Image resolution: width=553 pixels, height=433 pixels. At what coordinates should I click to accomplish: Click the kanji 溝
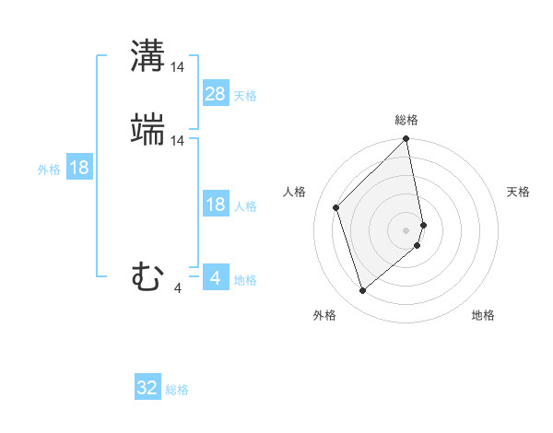point(147,56)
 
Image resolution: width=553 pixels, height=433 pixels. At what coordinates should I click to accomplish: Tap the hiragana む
point(147,276)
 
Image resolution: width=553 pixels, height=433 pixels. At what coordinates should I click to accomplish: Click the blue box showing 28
point(216,93)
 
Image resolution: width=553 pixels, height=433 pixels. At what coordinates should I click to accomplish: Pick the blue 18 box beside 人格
point(216,205)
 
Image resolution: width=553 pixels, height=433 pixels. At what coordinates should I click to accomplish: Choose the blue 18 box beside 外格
point(79,168)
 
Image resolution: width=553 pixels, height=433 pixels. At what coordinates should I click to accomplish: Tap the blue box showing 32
point(147,388)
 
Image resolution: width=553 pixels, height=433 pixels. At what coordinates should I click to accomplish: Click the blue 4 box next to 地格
point(216,277)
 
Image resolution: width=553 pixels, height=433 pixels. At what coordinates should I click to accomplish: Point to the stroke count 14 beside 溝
point(178,66)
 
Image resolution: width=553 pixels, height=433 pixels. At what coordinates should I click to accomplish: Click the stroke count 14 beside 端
point(178,140)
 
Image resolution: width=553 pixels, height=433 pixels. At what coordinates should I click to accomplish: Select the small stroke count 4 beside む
point(178,288)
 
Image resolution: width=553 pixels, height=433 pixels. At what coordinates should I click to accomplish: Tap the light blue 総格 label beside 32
point(177,390)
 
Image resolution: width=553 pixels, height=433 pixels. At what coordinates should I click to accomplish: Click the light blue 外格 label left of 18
point(49,170)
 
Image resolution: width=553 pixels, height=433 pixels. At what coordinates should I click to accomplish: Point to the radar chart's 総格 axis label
point(406,120)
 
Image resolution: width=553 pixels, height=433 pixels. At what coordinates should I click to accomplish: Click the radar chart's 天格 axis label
point(518,192)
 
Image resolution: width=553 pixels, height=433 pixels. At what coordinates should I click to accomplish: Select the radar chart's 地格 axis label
point(483,315)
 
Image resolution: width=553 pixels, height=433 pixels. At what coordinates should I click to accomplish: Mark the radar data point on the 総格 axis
point(406,140)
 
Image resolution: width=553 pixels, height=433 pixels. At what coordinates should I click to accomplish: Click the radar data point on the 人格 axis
point(336,207)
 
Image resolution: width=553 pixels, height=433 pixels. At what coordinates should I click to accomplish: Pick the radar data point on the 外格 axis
point(362,291)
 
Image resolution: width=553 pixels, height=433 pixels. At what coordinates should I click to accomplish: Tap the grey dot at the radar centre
point(406,229)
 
